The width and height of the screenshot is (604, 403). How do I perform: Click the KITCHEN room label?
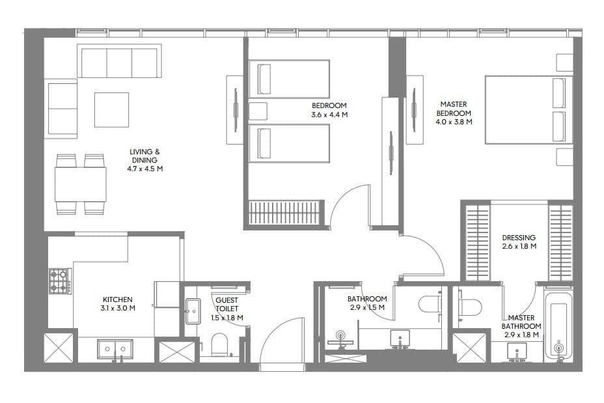[118, 299]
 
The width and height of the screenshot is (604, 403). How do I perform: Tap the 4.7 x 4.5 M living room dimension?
[145, 169]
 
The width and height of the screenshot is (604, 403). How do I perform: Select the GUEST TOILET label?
[227, 305]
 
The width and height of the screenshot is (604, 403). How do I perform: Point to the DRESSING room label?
[519, 238]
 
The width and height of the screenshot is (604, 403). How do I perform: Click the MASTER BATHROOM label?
[521, 322]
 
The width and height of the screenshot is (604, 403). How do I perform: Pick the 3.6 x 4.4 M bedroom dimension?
[329, 115]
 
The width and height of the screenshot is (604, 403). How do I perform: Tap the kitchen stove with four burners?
[60, 281]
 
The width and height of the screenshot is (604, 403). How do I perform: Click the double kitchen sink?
[115, 349]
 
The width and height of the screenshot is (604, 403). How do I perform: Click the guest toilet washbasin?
[193, 311]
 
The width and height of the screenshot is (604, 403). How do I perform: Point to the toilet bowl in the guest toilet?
[219, 344]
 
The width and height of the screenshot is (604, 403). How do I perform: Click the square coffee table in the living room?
[112, 110]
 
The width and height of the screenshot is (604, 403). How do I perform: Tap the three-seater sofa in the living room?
[119, 61]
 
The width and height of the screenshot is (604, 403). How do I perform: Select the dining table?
[80, 184]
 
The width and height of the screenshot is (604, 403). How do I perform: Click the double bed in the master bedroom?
[528, 110]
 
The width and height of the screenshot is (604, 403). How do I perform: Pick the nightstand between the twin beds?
[258, 111]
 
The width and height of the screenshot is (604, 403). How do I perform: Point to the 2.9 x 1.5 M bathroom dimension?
[367, 307]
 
